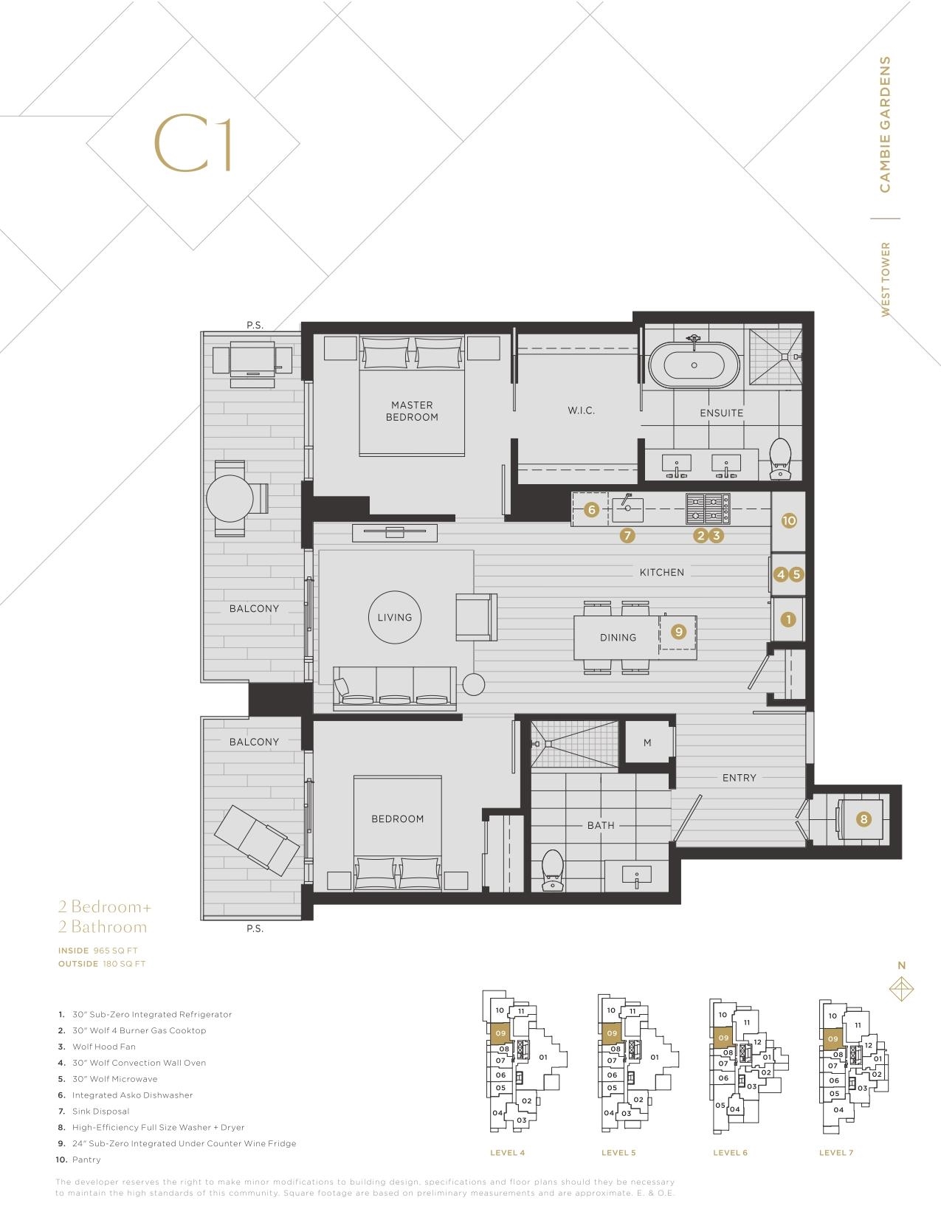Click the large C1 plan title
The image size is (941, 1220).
(x=193, y=143)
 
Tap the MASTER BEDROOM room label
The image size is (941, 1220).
(x=412, y=411)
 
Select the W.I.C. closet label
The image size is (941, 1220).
(x=581, y=410)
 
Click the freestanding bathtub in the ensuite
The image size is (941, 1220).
(x=694, y=365)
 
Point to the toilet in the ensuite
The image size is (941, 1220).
(x=780, y=458)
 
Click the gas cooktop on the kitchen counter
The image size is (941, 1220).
(x=708, y=509)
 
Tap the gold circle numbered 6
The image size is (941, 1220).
(x=591, y=510)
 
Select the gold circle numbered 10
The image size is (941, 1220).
(x=789, y=520)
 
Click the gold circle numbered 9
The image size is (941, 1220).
(x=679, y=632)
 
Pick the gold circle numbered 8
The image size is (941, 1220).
(x=864, y=819)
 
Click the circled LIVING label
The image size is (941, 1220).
(x=395, y=617)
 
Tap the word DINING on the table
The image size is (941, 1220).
(x=618, y=637)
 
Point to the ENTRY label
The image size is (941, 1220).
(x=739, y=778)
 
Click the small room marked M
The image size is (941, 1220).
(x=647, y=742)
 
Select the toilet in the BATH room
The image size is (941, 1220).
(x=553, y=869)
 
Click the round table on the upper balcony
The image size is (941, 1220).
(x=230, y=498)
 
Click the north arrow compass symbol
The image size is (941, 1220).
(x=902, y=989)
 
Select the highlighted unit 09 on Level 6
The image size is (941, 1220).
(x=723, y=1038)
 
